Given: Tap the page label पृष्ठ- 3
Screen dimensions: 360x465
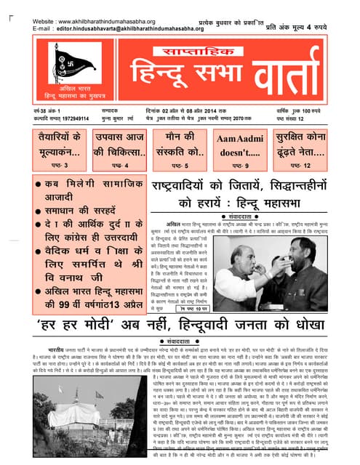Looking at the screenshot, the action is pos(60,166).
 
